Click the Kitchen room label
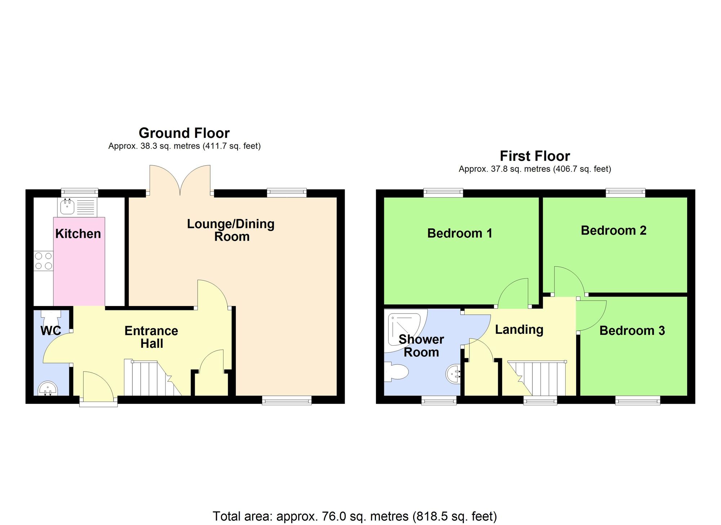(x=78, y=234)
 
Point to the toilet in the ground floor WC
(x=50, y=318)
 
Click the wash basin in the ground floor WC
(x=48, y=389)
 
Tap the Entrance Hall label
(x=151, y=337)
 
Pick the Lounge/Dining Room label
(x=231, y=230)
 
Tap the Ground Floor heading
(x=184, y=133)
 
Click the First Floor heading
(x=535, y=156)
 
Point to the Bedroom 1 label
(x=460, y=233)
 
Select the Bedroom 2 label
(x=614, y=231)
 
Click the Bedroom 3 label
(x=632, y=331)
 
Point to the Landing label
(x=519, y=329)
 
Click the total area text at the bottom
(x=355, y=516)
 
